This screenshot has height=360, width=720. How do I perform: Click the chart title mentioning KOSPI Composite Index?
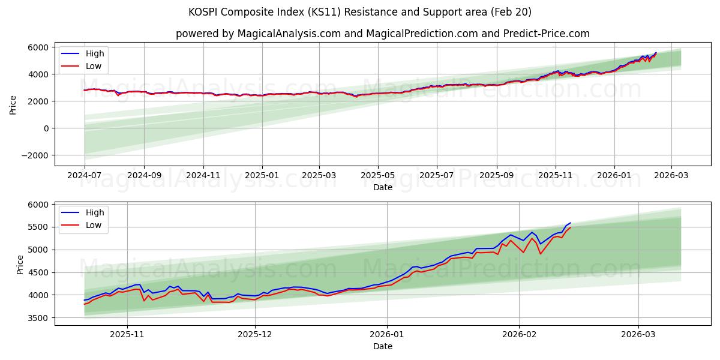click(x=359, y=12)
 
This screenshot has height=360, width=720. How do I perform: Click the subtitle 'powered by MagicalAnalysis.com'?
click(x=382, y=34)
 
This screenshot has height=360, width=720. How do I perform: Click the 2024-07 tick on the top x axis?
click(x=85, y=175)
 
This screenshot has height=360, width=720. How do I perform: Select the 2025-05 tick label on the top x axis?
click(x=377, y=175)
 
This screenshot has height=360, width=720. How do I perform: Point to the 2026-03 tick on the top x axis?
click(x=671, y=175)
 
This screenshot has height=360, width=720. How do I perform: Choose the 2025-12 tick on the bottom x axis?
click(x=255, y=335)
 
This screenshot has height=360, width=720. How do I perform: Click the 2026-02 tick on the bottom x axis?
click(x=519, y=335)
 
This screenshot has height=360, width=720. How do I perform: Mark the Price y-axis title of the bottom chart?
click(x=20, y=264)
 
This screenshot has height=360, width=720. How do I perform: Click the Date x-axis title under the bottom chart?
click(x=382, y=346)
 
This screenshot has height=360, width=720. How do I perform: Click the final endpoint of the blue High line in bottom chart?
click(x=571, y=223)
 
